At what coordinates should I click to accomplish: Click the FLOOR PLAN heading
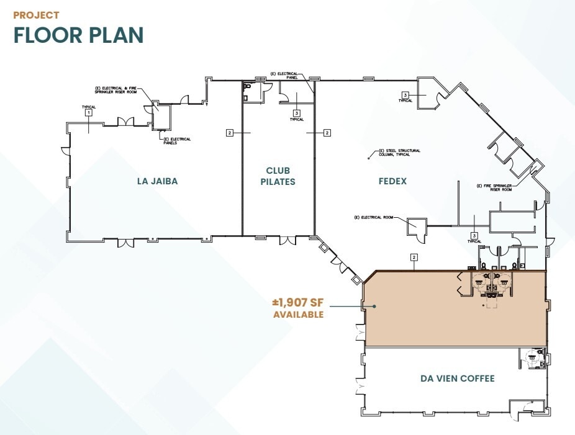point(78,35)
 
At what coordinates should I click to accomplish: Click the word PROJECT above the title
point(36,15)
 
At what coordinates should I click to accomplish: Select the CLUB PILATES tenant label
point(278,176)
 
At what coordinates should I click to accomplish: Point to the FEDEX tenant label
point(392,181)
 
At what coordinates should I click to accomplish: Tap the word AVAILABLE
point(298,315)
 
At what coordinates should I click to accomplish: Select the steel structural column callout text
point(394,151)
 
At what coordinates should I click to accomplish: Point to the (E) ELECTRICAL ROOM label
point(374,217)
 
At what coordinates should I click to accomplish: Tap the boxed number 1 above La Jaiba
point(89,113)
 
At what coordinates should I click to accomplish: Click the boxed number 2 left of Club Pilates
point(230,132)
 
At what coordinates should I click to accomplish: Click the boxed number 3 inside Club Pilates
point(297,113)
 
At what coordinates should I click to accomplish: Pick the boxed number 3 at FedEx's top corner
point(405,94)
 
